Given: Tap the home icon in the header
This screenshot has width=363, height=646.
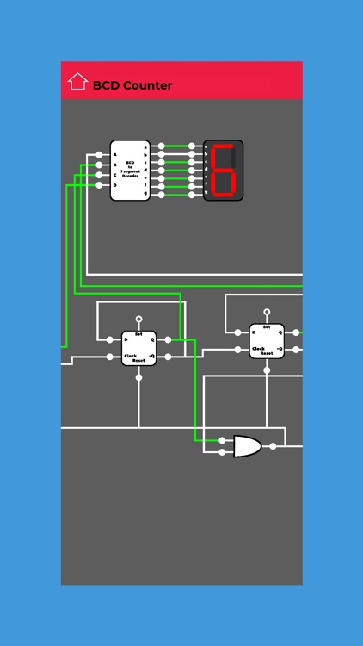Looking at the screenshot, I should (77, 82).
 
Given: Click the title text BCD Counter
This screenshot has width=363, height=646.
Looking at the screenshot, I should (132, 85).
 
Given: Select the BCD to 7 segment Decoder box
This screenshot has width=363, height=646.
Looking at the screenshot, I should (130, 171).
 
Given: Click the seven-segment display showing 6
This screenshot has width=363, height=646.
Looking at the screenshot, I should (223, 171).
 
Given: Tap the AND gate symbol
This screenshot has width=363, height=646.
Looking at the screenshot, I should (247, 446).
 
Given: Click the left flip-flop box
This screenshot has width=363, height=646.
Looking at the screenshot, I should (138, 348).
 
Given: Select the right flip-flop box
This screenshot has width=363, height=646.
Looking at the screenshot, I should (267, 341).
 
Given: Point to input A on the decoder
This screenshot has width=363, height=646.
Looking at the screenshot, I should (114, 155).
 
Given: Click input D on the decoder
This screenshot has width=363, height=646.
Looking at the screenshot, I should (114, 185).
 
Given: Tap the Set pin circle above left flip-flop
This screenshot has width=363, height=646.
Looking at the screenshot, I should (138, 319).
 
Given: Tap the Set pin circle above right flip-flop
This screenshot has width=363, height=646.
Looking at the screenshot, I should (267, 312).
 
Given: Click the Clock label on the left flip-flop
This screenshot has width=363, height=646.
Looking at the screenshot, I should (130, 356).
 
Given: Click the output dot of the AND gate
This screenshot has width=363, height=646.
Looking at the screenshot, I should (273, 446).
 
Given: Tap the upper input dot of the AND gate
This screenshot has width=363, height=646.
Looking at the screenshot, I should (223, 440).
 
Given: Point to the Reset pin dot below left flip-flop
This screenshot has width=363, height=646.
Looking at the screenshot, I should (138, 376).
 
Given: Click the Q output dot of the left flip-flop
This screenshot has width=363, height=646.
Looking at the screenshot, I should (169, 339).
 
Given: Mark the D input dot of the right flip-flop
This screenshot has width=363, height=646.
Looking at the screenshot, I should (237, 332).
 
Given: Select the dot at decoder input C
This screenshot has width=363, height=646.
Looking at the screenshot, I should (100, 175).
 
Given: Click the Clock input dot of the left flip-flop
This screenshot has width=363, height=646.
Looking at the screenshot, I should (109, 357).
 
